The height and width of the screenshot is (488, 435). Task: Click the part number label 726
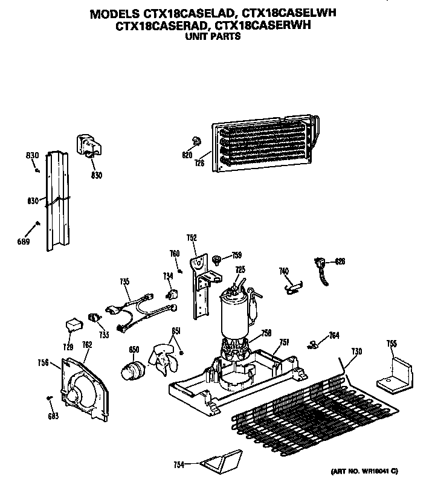click(200, 163)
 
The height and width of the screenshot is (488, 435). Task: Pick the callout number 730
click(356, 352)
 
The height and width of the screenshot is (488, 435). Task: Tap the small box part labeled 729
click(72, 325)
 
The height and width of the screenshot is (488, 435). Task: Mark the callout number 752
click(192, 239)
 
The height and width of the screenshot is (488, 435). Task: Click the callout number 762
click(86, 345)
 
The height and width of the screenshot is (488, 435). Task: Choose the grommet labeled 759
click(216, 258)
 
